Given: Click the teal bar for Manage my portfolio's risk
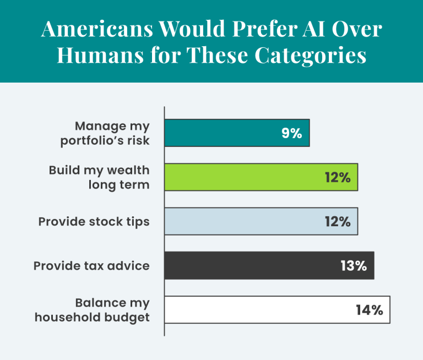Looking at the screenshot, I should (x=237, y=133).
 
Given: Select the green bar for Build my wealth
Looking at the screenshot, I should (x=261, y=177).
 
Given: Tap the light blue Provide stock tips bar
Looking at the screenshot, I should (x=261, y=221).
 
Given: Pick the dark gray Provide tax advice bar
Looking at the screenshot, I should (x=269, y=265).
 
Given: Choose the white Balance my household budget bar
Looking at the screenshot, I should (x=277, y=309).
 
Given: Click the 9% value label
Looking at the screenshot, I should (x=291, y=133).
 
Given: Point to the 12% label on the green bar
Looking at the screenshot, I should (x=337, y=177).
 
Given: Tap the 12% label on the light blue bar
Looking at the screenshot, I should (x=337, y=221).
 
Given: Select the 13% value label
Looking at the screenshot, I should (x=353, y=266).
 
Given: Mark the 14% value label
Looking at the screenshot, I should (x=369, y=310).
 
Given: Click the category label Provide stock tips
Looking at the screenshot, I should (x=94, y=221).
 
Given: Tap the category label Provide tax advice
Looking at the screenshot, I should (x=91, y=266).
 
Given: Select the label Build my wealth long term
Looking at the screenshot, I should (x=99, y=177).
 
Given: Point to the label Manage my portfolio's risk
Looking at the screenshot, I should (x=104, y=133).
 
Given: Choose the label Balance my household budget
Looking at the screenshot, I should (x=92, y=310).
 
